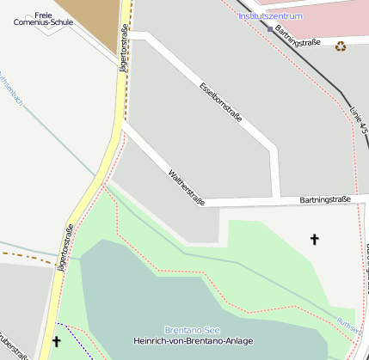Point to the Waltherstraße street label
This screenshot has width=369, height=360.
[x=187, y=187]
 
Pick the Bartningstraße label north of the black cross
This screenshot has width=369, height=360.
[x=325, y=200]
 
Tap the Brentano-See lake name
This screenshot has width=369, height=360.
[x=192, y=330]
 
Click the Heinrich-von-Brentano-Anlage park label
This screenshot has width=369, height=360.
[x=194, y=342]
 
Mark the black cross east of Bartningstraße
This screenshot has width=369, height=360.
[x=314, y=240]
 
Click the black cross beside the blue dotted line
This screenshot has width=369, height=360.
[x=57, y=342]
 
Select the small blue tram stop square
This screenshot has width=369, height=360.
[x=269, y=29]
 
